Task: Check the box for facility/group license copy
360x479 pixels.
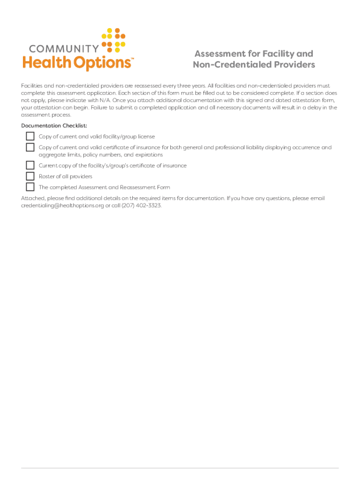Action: coord(30,137)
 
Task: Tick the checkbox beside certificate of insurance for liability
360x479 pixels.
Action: coord(30,147)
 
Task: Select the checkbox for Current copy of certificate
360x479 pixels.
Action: coord(30,165)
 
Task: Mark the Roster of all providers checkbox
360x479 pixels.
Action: coord(30,176)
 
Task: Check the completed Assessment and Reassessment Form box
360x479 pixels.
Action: coord(30,187)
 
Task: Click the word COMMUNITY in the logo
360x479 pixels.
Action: coord(64,48)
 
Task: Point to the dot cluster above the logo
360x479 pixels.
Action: coord(114,40)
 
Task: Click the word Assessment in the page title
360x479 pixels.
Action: coord(216,54)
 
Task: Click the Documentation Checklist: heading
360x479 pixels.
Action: coord(54,126)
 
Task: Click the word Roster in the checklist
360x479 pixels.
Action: coord(46,176)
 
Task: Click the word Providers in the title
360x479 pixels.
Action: coord(294,65)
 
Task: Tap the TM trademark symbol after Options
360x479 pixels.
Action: coord(132,59)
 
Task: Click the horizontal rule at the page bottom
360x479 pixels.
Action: coord(180,468)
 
